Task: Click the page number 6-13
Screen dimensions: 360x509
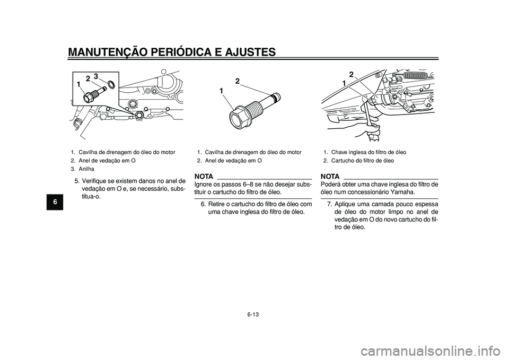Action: point(254,313)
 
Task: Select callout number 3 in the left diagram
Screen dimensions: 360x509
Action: point(96,76)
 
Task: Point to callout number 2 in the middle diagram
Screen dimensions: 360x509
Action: point(238,81)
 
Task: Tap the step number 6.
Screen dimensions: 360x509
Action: point(204,204)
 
